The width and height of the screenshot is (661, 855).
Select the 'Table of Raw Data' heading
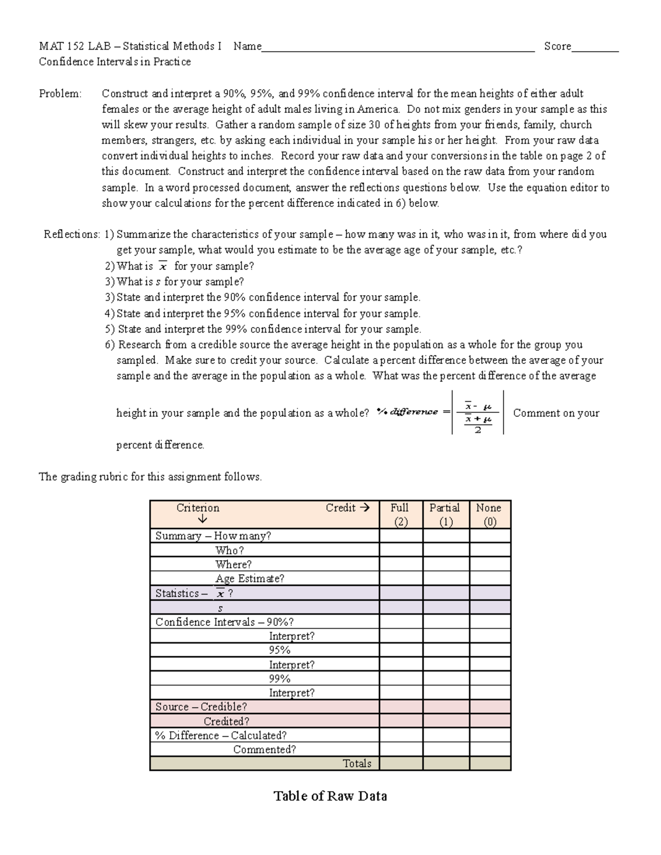click(330, 796)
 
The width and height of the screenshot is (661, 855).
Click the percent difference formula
click(441, 412)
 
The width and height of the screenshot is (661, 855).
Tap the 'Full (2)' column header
click(400, 515)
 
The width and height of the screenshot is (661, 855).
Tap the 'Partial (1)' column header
click(445, 515)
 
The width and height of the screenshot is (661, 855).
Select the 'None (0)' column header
click(489, 515)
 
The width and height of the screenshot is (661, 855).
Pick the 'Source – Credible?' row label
click(201, 707)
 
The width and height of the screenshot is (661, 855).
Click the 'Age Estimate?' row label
click(250, 579)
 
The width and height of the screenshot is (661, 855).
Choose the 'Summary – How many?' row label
click(213, 536)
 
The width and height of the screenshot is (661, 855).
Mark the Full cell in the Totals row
click(400, 764)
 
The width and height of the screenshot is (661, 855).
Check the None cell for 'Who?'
click(490, 550)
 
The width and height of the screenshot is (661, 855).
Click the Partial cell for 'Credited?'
click(446, 721)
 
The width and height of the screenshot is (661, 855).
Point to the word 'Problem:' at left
click(60, 94)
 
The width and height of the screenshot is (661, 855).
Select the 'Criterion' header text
click(198, 508)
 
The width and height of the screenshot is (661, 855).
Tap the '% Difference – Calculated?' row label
click(221, 736)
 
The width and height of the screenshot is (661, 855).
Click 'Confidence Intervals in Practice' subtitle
click(115, 62)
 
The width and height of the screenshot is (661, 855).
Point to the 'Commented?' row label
click(264, 750)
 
